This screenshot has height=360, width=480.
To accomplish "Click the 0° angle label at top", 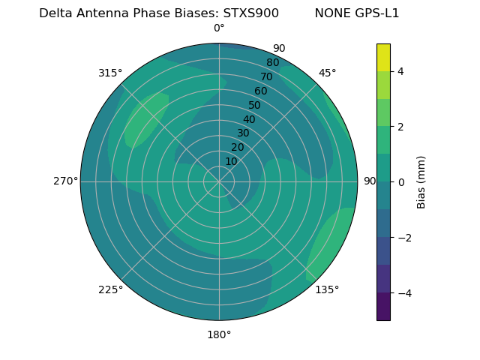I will [219, 28].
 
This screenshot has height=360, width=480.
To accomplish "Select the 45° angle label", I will [327, 73].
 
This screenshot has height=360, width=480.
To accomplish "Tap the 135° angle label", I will [327, 289].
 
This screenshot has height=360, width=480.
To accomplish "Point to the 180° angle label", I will [219, 334].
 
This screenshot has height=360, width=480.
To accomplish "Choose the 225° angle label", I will [110, 289].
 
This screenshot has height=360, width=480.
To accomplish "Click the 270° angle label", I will [65, 181].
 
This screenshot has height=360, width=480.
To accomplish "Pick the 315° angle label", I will [110, 73].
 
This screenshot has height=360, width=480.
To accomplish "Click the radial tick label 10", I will [231, 162].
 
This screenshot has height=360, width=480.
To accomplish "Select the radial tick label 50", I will [254, 105].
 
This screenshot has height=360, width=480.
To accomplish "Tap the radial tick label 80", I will [272, 63].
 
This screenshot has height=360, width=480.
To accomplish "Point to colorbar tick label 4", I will [400, 71].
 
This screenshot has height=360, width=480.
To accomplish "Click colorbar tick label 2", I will [400, 127].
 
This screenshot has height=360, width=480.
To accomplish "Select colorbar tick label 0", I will [400, 182].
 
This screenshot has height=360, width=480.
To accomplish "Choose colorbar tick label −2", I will [398, 238].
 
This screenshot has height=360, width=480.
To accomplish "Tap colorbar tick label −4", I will [398, 293].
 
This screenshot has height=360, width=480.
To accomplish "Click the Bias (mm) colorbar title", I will [421, 182].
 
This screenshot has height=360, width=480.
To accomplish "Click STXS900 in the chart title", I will [250, 13].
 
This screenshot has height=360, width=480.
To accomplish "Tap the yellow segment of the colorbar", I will [383, 57].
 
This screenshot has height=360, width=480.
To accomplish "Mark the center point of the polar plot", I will [219, 181].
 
